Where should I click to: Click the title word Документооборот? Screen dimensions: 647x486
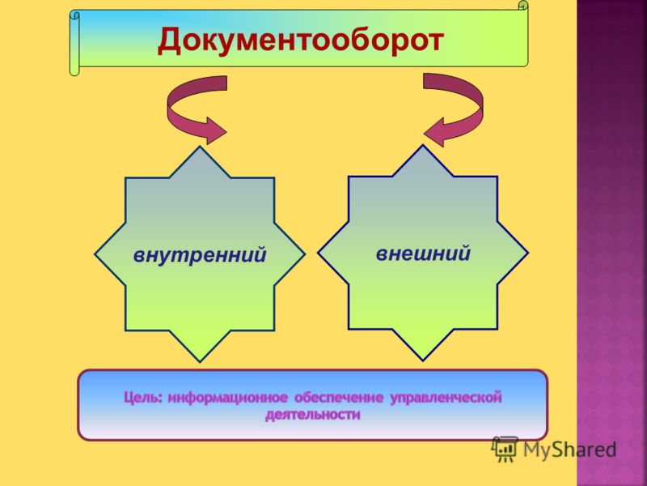[x=301, y=40]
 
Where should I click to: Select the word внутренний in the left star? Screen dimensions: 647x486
[x=200, y=255]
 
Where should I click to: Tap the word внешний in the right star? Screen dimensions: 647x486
[x=423, y=253]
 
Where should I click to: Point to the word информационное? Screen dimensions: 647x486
[x=228, y=398]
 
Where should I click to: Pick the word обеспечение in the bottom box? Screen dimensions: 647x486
[x=339, y=399]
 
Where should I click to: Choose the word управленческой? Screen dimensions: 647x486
[x=446, y=398]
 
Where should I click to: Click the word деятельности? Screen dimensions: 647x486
[x=313, y=415]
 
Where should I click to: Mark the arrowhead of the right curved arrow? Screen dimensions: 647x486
[x=434, y=132]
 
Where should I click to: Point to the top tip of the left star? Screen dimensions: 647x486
[x=200, y=147]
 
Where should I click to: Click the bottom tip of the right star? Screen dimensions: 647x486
[x=423, y=360]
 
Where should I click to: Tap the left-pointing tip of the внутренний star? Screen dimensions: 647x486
[x=95, y=254]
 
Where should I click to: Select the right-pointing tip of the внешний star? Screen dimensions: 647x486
[x=528, y=253]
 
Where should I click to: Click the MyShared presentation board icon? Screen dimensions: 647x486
[x=505, y=449]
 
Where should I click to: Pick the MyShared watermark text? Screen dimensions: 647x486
[x=570, y=450]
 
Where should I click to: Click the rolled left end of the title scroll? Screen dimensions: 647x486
[x=74, y=44]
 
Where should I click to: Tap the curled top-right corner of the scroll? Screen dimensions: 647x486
[x=522, y=6]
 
